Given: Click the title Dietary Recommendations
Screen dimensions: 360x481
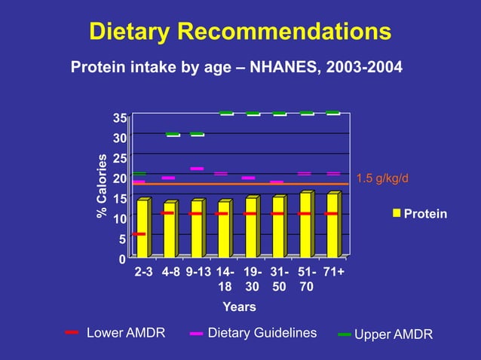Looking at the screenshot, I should coord(240,32).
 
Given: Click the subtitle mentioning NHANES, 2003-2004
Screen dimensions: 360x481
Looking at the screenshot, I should coord(236,68).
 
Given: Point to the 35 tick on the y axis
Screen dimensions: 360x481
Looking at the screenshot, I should coord(119,118).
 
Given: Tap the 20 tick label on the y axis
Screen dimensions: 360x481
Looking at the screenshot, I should coord(119,178).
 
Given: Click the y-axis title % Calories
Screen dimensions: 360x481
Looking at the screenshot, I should coord(102,188).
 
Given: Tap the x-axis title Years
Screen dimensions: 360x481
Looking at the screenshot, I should coord(239,307).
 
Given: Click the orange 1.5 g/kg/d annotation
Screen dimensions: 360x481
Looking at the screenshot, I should coord(381,178).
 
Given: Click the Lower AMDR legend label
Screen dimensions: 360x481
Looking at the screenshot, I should coord(126,333).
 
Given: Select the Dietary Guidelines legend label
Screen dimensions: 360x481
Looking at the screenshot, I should coord(262,333).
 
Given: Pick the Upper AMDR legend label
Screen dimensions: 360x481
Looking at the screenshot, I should coord(394,334).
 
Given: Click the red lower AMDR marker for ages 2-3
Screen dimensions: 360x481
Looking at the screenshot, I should coord(139,234).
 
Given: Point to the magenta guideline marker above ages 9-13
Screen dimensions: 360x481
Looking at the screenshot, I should coord(197,169).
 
